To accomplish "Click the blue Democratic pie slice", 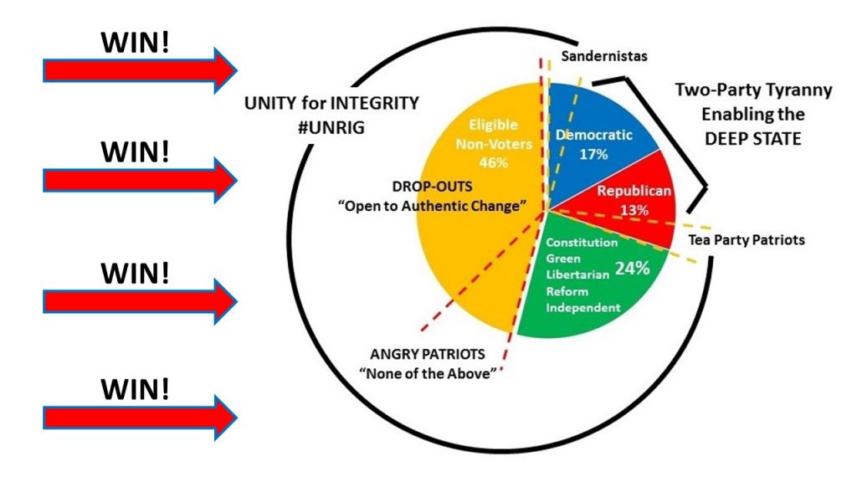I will (598, 159).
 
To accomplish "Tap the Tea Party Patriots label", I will (747, 239).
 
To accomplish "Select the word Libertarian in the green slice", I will (579, 275).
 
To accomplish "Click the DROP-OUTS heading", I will (425, 187).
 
